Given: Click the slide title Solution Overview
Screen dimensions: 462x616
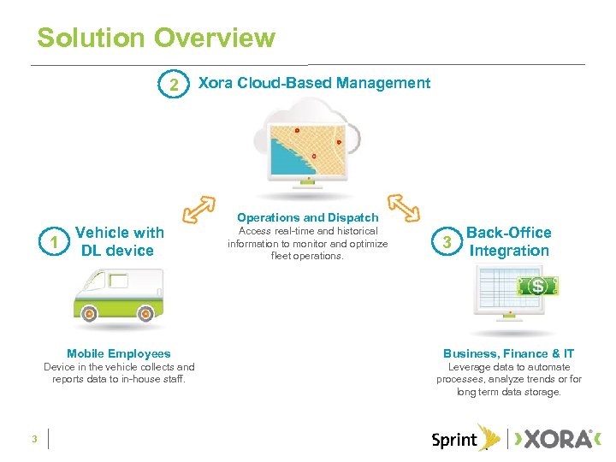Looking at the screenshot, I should pyautogui.click(x=156, y=38).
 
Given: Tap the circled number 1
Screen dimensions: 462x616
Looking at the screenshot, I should pyautogui.click(x=54, y=242).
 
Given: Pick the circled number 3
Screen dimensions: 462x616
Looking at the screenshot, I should pyautogui.click(x=443, y=242).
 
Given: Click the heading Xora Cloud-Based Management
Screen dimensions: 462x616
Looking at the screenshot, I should pyautogui.click(x=314, y=83).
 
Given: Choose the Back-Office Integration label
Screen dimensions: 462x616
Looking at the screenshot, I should pyautogui.click(x=508, y=241).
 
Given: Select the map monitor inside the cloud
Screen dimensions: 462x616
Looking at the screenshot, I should pyautogui.click(x=308, y=151).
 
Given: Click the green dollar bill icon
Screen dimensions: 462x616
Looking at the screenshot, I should pyautogui.click(x=537, y=286).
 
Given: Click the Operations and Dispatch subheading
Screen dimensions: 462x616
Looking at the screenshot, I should pyautogui.click(x=307, y=218).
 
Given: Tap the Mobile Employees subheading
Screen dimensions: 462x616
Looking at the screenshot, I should pyautogui.click(x=119, y=353).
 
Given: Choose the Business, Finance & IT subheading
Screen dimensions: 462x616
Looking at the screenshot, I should pyautogui.click(x=508, y=353).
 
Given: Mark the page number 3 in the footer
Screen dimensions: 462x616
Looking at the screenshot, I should pyautogui.click(x=33, y=439).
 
